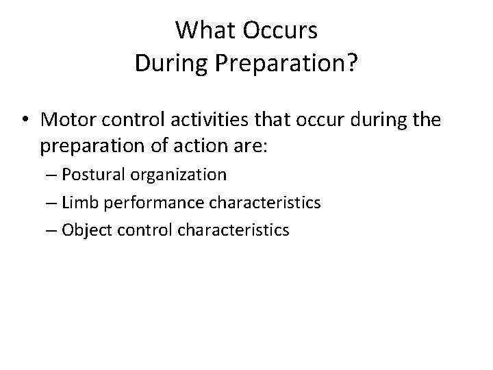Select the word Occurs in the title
283,31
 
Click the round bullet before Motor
26,120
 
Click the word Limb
77,203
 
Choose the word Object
82,230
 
